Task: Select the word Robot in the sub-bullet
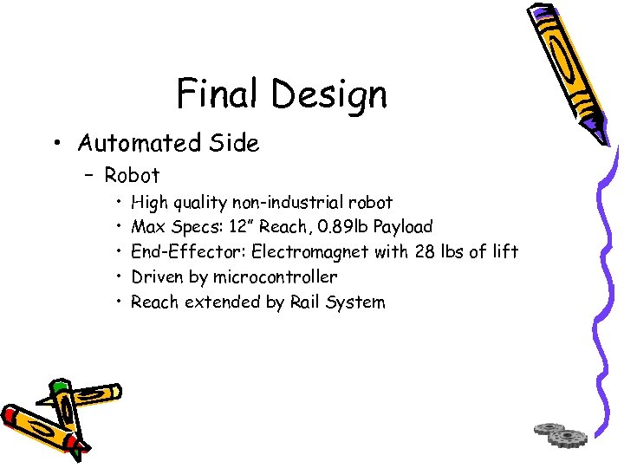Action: tap(132, 175)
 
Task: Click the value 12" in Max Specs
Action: tap(241, 227)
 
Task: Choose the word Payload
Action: tap(403, 227)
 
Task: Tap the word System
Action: tap(357, 302)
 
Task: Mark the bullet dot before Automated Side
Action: tap(58, 142)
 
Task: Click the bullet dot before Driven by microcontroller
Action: tap(118, 277)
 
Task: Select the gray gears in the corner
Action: tap(561, 433)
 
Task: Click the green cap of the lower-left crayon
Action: tap(59, 388)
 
